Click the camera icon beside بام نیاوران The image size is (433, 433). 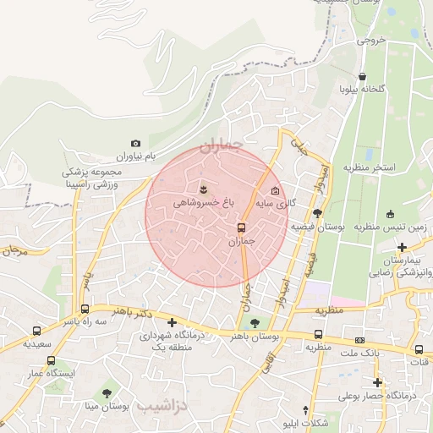pyautogui.click(x=135, y=144)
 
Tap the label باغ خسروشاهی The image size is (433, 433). pyautogui.click(x=204, y=203)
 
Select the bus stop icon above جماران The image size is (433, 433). pyautogui.click(x=242, y=227)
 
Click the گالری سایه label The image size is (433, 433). pyautogui.click(x=277, y=204)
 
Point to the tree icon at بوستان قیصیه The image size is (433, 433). pyautogui.click(x=317, y=213)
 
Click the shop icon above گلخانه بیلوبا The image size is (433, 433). pyautogui.click(x=363, y=75)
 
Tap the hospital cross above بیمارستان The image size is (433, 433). pyautogui.click(x=402, y=247)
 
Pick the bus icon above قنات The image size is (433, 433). pyautogui.click(x=419, y=349)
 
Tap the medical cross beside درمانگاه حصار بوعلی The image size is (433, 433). pyautogui.click(x=378, y=382)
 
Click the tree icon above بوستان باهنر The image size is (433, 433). pyautogui.click(x=255, y=322)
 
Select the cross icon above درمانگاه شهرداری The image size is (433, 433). pyautogui.click(x=173, y=322)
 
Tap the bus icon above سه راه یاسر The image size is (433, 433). pyautogui.click(x=85, y=309)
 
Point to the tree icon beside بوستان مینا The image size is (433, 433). pyautogui.click(x=107, y=393)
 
